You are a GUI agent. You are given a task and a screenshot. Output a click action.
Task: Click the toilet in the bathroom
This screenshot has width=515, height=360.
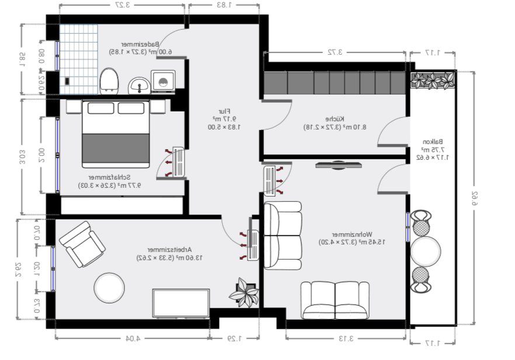(x=109, y=80)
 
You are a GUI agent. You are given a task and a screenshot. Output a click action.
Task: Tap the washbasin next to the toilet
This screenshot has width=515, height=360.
(x=140, y=86)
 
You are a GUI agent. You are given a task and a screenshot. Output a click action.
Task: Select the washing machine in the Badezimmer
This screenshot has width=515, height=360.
(x=162, y=81)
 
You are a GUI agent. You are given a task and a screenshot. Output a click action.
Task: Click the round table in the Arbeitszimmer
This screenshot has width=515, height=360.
(x=109, y=288)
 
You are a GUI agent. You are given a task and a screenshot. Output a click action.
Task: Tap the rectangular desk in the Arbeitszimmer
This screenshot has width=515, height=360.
(x=181, y=303)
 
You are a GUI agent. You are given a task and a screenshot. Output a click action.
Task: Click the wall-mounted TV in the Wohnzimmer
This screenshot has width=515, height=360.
(x=339, y=165)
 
